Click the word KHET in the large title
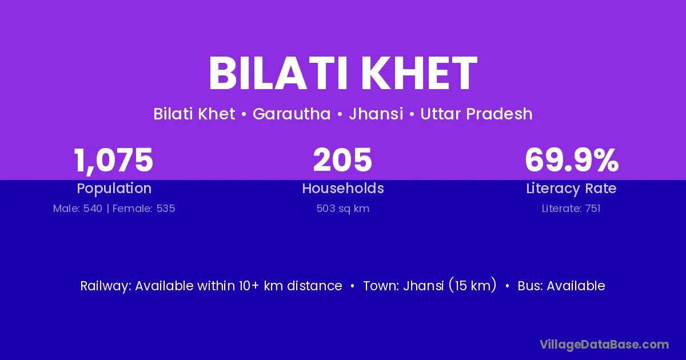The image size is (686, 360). (419, 74)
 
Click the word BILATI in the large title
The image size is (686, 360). (278, 74)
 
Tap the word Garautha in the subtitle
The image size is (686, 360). (292, 114)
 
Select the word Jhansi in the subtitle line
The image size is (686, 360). (376, 114)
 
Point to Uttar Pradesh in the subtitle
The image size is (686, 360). (476, 114)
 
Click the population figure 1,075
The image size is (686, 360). (113, 161)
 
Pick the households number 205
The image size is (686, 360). (342, 160)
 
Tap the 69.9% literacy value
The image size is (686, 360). (572, 160)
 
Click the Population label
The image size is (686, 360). (114, 189)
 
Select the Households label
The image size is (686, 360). (343, 188)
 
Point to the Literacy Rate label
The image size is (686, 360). (571, 189)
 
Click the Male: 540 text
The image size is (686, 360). (78, 209)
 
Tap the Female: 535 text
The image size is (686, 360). (143, 209)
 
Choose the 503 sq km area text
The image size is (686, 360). (343, 209)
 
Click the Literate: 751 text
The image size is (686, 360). (571, 209)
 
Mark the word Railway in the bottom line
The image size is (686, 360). (106, 286)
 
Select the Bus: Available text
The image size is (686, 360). (561, 286)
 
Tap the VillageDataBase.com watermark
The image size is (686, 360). (604, 345)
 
